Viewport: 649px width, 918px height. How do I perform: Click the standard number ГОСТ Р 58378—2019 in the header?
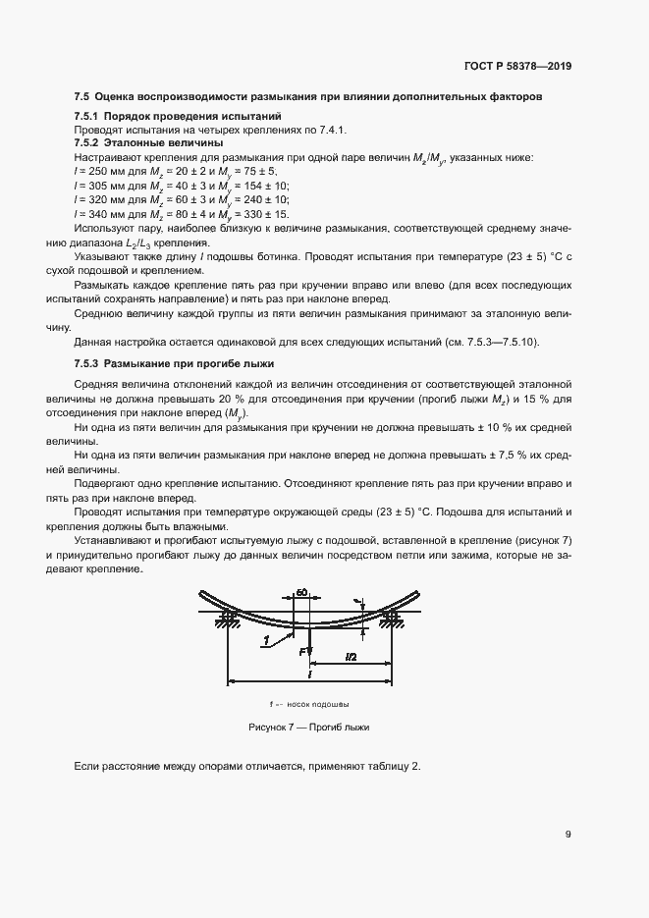tap(517, 66)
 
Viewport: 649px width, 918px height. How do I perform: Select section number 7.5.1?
tap(90, 117)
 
